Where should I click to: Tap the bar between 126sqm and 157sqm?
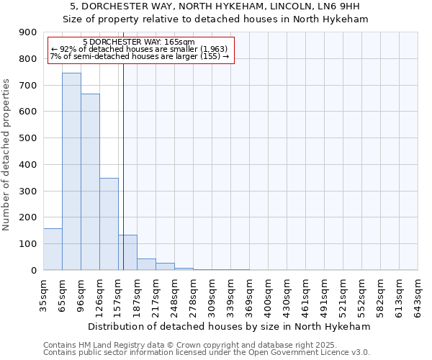109,224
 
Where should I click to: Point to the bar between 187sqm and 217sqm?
146,264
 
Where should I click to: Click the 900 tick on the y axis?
28,32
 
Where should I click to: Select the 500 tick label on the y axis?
28,138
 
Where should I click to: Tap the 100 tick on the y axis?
28,244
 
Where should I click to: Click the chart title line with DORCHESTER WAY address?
215,6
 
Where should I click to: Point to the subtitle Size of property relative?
215,19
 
